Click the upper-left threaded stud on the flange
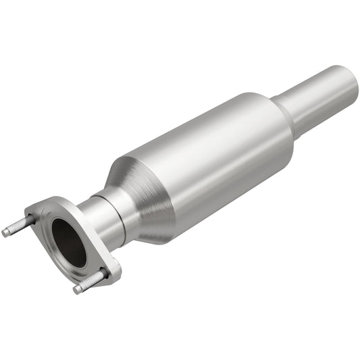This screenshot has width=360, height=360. (20, 226)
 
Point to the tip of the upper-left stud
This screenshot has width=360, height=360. (5, 233)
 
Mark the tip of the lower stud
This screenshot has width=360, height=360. (78, 289)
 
